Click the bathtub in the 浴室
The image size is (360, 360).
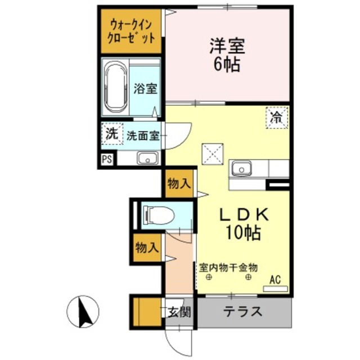click(x=116, y=88)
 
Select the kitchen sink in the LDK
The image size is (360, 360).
click(x=243, y=168)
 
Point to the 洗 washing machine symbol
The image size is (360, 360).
click(x=111, y=134)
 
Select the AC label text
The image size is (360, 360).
click(x=275, y=280)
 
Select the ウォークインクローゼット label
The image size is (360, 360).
click(x=131, y=31)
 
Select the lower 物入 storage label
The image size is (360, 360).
click(x=147, y=247)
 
